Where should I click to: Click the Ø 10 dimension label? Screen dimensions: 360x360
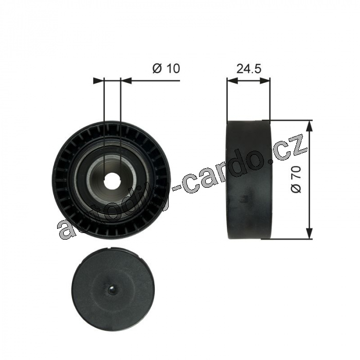coord(166,68)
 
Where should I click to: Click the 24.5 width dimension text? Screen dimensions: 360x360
coord(249,68)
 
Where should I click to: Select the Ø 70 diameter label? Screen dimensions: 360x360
coord(296,179)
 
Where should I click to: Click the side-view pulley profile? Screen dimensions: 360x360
coord(249,179)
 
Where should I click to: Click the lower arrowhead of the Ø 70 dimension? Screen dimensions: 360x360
coord(310,233)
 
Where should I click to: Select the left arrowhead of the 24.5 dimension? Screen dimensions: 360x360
coord(232,81)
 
